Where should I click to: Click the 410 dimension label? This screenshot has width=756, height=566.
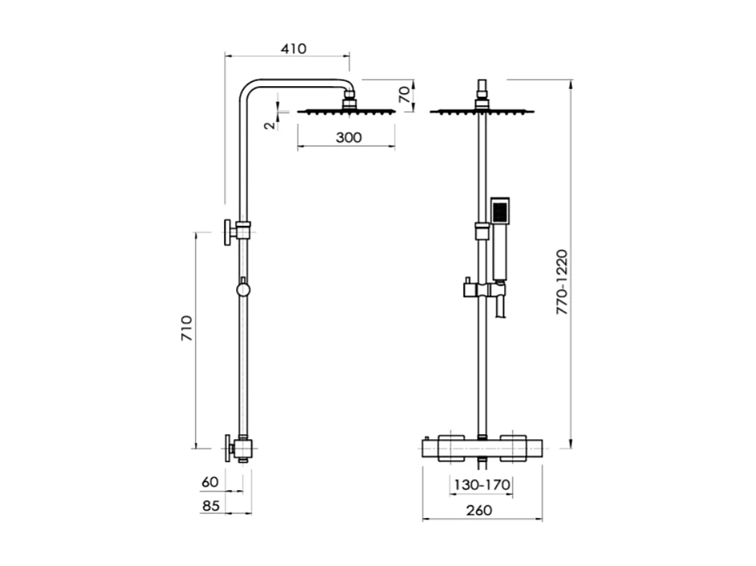point(293,49)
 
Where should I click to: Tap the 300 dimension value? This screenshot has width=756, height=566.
point(348,137)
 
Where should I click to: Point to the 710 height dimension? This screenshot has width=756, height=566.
point(186,328)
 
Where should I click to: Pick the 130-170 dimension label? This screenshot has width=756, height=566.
point(481,485)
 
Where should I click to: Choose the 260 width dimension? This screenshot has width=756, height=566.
point(479,510)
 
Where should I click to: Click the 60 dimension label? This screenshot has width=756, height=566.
point(210,482)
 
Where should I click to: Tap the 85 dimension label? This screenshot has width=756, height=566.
point(210,505)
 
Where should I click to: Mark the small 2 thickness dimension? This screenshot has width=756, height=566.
point(269,124)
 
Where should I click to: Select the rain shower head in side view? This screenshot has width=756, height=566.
point(346,111)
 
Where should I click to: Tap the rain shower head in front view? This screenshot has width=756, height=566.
point(482,111)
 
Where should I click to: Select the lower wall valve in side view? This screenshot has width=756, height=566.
point(238,448)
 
